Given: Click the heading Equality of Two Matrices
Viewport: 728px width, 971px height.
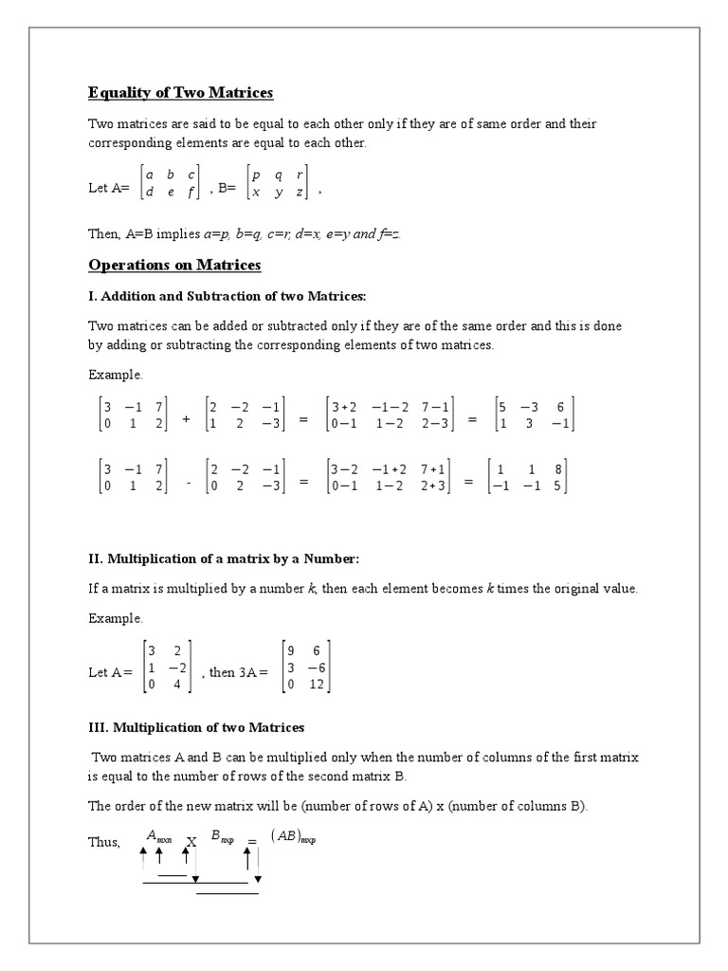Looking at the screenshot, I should tap(180, 92).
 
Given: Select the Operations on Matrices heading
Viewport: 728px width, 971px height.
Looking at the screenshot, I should tap(174, 265).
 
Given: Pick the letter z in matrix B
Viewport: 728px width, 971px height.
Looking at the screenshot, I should tap(300, 192).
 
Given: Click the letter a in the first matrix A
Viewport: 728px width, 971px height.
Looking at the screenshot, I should tap(149, 174).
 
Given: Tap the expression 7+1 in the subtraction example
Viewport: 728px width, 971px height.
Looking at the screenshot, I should tap(436, 468).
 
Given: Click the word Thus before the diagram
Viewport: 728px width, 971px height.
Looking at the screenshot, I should tap(104, 843).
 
